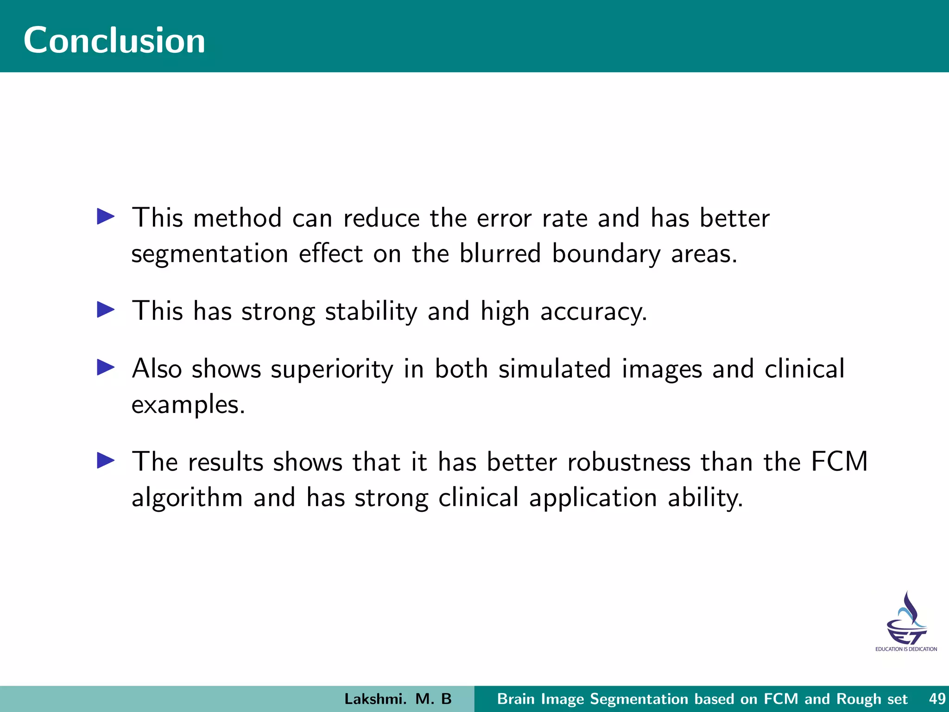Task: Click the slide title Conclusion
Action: [114, 40]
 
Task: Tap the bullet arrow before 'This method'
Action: [106, 216]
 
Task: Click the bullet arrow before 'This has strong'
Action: [106, 310]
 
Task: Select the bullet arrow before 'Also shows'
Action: [106, 368]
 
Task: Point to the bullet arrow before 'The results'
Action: [106, 461]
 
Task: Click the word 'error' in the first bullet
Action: [504, 218]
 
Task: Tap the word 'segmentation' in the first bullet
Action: [209, 254]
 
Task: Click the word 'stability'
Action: [371, 311]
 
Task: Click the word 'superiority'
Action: [332, 369]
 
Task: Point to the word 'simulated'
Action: [554, 369]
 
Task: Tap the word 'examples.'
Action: [188, 405]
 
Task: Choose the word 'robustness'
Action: [628, 462]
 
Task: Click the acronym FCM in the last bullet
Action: [839, 462]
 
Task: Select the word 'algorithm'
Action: [187, 498]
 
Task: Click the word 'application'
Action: [593, 498]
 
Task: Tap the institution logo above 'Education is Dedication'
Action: [906, 618]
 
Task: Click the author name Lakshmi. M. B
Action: [398, 699]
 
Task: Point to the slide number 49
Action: [937, 699]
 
